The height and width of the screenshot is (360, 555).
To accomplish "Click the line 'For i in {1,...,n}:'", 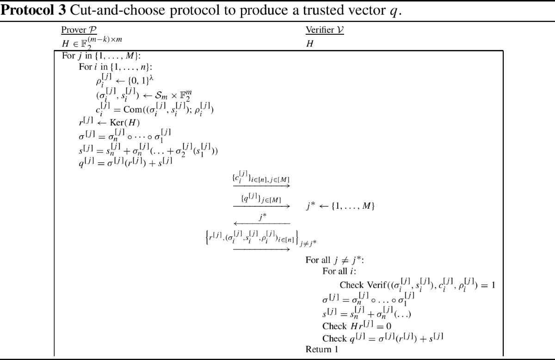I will point(112,67).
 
